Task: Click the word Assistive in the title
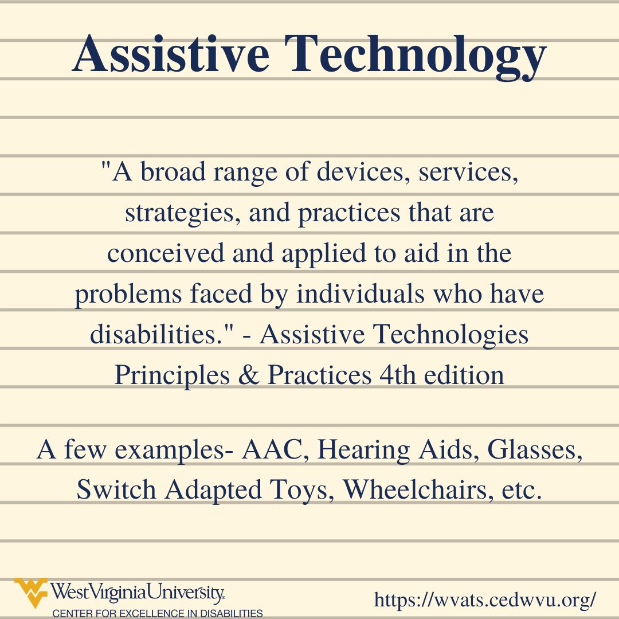pyautogui.click(x=171, y=56)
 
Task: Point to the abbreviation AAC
pyautogui.click(x=270, y=450)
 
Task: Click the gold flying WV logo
pyautogui.click(x=32, y=592)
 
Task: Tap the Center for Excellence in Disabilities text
pyautogui.click(x=158, y=613)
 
